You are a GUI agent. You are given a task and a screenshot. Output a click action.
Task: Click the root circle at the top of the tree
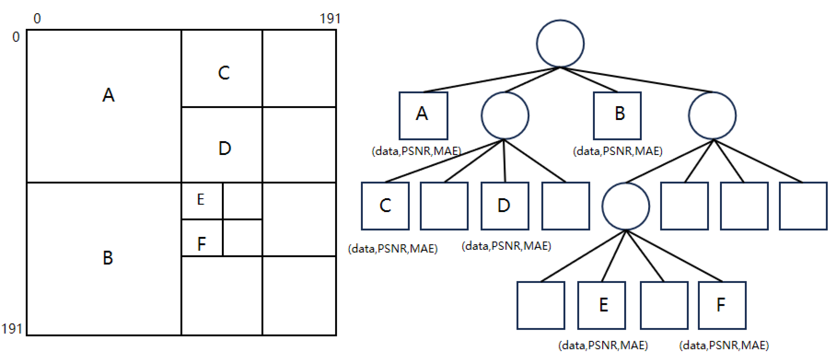(560, 43)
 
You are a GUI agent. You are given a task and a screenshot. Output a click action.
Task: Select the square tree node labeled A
(423, 116)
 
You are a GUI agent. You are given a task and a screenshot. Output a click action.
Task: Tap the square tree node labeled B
(617, 116)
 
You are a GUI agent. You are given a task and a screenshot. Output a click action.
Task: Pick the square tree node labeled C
(385, 206)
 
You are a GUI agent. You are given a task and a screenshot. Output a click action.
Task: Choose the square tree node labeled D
(505, 206)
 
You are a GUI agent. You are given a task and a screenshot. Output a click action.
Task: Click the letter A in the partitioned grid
(108, 95)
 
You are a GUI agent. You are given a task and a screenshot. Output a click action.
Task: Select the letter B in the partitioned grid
(108, 258)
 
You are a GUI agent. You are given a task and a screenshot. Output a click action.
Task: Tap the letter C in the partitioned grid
(224, 73)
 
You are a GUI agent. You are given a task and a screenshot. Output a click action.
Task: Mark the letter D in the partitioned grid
(225, 148)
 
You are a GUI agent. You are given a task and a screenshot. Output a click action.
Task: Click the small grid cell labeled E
(201, 200)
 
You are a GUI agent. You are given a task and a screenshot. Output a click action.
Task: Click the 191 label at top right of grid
(330, 19)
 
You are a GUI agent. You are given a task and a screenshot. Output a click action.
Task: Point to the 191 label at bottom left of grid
(12, 329)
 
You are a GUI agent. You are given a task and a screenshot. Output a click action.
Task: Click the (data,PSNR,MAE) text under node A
(416, 151)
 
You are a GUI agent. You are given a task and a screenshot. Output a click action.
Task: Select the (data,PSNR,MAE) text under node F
(724, 345)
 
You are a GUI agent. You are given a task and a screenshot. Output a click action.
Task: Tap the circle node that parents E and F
(625, 206)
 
